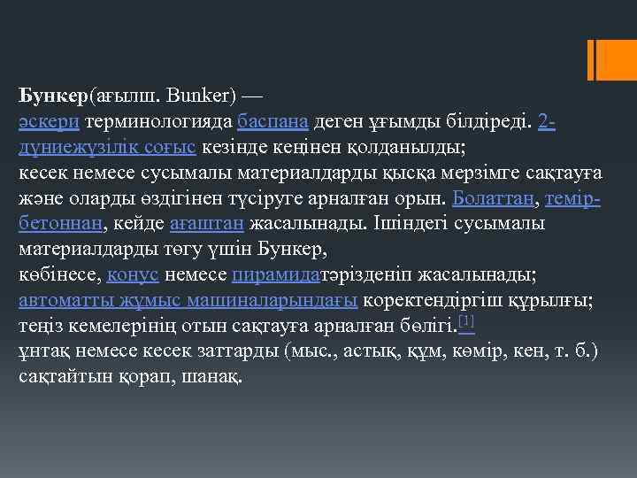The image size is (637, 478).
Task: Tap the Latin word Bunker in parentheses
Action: click(x=189, y=95)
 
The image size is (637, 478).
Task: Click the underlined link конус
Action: click(x=133, y=274)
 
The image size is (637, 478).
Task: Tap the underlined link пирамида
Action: click(x=275, y=274)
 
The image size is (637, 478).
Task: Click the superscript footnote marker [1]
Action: click(x=466, y=320)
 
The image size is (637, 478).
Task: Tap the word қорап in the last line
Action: click(x=145, y=376)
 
